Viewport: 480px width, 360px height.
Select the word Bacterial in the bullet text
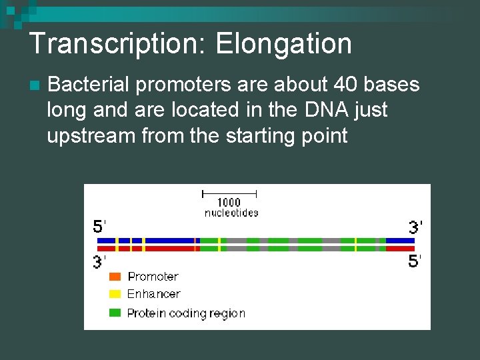point(91,85)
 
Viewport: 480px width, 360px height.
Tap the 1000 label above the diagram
point(229,203)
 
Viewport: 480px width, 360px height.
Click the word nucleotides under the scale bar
point(231,213)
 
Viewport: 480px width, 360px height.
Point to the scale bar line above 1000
point(229,193)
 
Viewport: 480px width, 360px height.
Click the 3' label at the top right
point(415,227)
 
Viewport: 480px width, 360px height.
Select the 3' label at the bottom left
point(99,262)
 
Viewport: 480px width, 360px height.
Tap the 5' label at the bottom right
point(415,261)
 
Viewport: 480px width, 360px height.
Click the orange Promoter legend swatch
point(115,277)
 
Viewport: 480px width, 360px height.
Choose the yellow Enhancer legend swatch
point(115,294)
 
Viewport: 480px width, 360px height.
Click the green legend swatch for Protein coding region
point(115,313)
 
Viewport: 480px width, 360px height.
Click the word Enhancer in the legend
point(153,294)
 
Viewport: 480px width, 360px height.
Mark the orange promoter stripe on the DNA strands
point(195,244)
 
